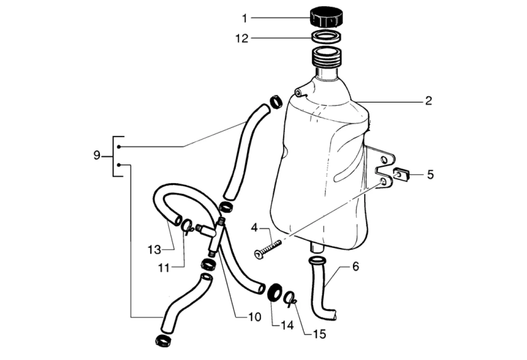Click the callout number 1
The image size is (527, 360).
tap(245, 18)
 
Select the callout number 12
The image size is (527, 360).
tap(242, 38)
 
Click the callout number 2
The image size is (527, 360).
tap(428, 100)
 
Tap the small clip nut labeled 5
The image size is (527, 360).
tap(400, 175)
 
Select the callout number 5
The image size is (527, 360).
tap(431, 175)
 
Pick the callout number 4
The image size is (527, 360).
tap(254, 228)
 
